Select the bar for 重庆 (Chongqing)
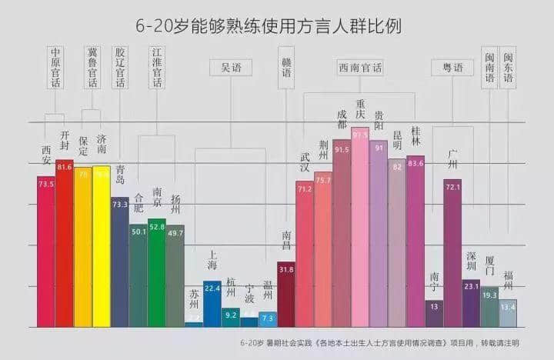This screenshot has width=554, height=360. point(359,231)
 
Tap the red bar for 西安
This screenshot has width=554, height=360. point(46,254)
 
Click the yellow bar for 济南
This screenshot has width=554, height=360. point(102,246)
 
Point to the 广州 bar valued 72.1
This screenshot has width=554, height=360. point(452,254)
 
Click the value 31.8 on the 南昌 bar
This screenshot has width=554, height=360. point(286,270)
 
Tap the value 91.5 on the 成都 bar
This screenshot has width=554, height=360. point(342,149)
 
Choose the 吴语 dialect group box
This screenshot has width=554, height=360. point(230,68)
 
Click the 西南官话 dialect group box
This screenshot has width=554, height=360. point(359,68)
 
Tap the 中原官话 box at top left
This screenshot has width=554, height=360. point(54,68)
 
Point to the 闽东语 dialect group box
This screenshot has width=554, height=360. point(508,68)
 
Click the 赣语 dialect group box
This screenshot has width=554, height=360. point(286,68)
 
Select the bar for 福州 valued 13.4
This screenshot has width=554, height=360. point(508,313)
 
